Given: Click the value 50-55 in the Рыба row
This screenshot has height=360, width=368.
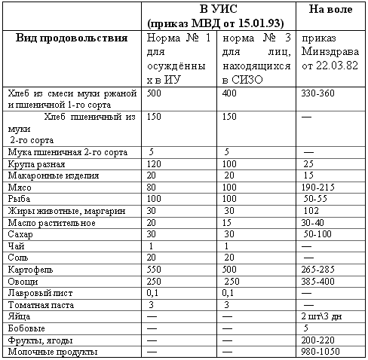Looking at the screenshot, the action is point(317,198).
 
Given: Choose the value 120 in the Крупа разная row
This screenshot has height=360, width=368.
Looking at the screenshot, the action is point(155,162).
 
